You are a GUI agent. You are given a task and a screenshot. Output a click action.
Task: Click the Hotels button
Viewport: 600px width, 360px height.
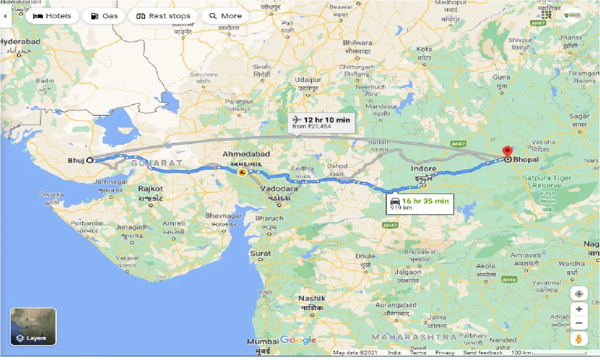pyautogui.click(x=52, y=16)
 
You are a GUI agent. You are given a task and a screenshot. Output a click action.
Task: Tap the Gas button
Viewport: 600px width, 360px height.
pyautogui.click(x=104, y=16)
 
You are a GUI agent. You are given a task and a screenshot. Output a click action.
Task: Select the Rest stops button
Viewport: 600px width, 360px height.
pyautogui.click(x=163, y=16)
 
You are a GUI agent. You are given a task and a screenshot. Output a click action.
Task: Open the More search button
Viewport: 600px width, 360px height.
pyautogui.click(x=225, y=16)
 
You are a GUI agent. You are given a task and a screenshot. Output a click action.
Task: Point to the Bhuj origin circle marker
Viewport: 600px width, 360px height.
pyautogui.click(x=90, y=160)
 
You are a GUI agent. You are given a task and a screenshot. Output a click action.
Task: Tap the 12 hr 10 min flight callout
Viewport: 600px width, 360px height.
pyautogui.click(x=321, y=123)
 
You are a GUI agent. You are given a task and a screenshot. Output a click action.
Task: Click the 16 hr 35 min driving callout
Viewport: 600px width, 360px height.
pyautogui.click(x=420, y=204)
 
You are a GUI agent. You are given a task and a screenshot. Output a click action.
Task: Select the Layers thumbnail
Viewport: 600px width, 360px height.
pyautogui.click(x=33, y=326)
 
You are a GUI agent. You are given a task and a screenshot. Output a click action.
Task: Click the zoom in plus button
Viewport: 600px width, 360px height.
pyautogui.click(x=579, y=309)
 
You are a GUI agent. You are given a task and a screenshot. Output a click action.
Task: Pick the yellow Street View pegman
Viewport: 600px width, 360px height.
pyautogui.click(x=579, y=339)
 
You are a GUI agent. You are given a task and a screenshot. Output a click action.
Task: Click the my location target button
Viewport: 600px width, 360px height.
pyautogui.click(x=579, y=294)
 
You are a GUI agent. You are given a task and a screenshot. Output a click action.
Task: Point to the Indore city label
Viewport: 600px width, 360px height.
pyautogui.click(x=424, y=168)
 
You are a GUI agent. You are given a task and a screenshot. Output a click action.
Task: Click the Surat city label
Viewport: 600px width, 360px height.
pyautogui.click(x=260, y=254)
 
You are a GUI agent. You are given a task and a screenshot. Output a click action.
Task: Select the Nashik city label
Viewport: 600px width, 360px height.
pyautogui.click(x=312, y=299)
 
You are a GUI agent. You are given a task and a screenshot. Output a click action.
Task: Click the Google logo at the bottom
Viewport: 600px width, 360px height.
pyautogui.click(x=299, y=340)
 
